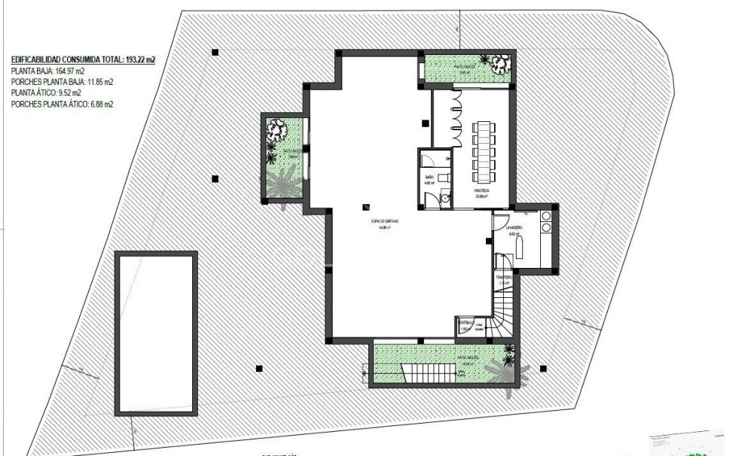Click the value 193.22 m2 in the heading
point(137,57)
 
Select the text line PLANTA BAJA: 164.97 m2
point(47,71)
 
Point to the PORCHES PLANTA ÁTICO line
point(63,105)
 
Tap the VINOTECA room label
point(482,191)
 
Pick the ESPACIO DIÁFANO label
point(384,223)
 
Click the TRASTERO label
point(505,278)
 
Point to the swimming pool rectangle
point(156,333)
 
